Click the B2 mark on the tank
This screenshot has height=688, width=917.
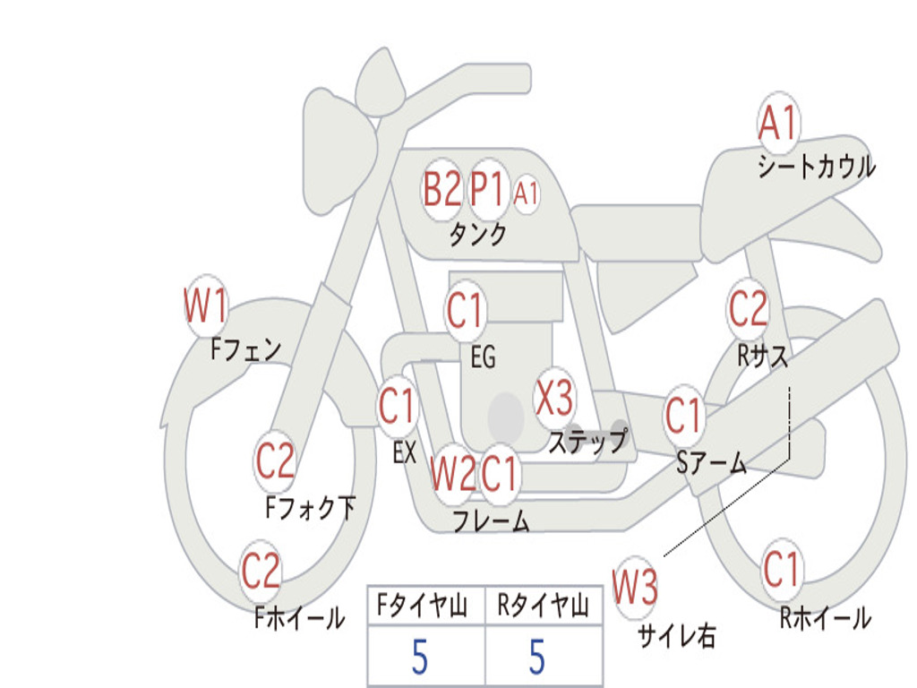[442, 190]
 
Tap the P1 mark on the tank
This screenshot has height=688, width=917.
[487, 190]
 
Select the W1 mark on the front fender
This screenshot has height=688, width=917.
[205, 305]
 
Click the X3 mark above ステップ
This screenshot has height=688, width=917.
[554, 398]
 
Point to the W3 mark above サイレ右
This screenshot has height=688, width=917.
[635, 587]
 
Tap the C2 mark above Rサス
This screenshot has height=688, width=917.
[748, 308]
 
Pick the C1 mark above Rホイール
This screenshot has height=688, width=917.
[781, 569]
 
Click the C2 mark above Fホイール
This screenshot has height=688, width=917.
[261, 571]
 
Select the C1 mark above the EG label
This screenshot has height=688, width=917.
[465, 310]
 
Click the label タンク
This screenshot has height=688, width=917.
[477, 234]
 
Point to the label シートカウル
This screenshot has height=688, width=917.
[817, 166]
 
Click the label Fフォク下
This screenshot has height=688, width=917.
[311, 507]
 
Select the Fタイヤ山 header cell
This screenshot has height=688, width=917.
[426, 605]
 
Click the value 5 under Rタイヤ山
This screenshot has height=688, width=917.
[537, 657]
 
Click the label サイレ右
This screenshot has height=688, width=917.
[677, 636]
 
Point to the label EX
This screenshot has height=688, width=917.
[405, 452]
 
